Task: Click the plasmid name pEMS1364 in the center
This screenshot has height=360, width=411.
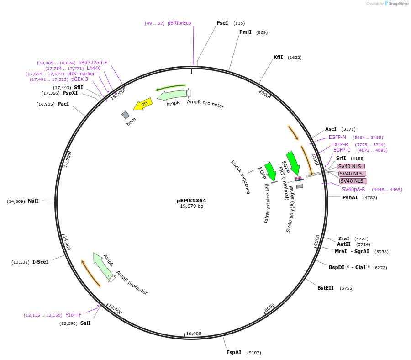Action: pos(191,201)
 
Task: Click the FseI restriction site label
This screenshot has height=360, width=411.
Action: pos(222,23)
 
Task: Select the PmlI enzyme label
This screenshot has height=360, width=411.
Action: pos(245,32)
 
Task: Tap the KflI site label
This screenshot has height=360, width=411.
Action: pos(278,58)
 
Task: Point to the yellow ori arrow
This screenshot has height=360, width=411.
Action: pos(142,105)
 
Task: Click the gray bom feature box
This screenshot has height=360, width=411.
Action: pos(126,115)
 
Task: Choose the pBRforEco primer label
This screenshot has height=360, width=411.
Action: pos(179,23)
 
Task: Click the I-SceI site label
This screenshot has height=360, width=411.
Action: pos(40,262)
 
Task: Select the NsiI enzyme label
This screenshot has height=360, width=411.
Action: pos(33,201)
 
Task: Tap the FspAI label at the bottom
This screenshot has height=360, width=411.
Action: pos(234,352)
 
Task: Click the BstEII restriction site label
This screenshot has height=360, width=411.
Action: pos(326,288)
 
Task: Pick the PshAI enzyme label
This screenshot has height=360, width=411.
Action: pos(350,197)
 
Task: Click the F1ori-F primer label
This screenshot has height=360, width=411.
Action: pos(74,315)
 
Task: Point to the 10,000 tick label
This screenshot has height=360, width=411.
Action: pos(194,334)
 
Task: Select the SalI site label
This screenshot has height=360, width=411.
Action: pos(85,323)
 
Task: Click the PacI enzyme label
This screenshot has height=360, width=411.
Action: pos(63,104)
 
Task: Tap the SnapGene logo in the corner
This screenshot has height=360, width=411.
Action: pos(396,4)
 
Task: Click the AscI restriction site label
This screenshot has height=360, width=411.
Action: pos(331,129)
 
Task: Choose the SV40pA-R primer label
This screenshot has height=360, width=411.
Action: pos(353,189)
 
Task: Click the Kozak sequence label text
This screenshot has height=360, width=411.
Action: pos(241,177)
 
